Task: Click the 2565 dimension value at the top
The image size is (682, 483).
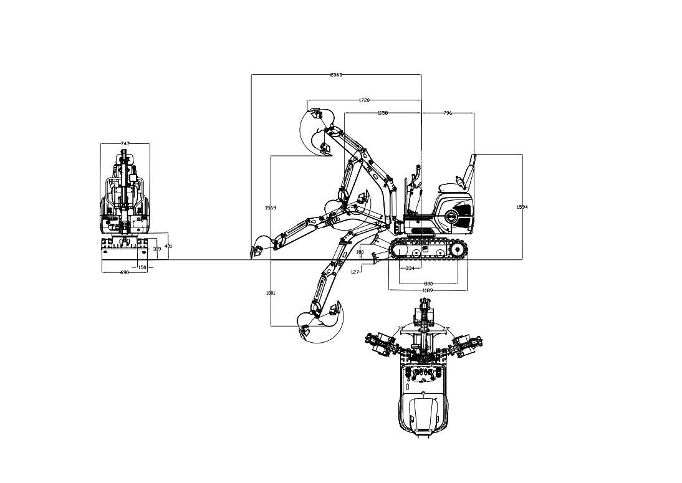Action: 336,75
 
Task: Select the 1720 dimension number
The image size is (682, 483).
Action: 365,100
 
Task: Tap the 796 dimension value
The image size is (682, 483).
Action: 448,113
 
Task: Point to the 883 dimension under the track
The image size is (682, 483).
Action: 428,284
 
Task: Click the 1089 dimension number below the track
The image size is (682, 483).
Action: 428,290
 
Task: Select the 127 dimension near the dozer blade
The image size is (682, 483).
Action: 357,272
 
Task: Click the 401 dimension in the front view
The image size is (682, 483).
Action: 168,247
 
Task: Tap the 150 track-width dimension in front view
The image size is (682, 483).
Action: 142,267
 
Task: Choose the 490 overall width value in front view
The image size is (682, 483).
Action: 124,272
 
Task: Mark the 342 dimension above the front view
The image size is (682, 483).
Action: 125,144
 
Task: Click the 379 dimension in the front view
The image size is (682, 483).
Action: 157,249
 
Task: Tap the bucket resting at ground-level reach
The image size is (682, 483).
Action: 259,248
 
